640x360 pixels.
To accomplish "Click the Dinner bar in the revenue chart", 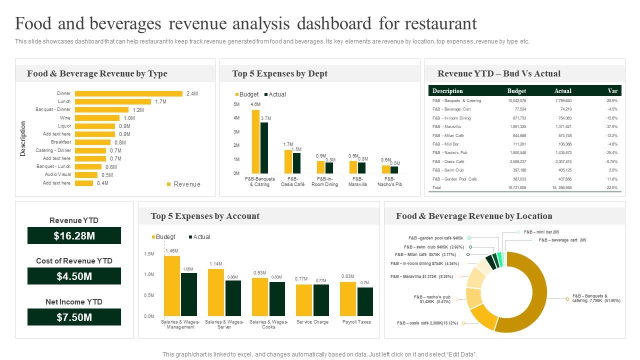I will pos(128,93).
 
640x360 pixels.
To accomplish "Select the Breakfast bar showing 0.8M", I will pos(92,142).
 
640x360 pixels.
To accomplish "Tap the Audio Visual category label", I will pos(58,174).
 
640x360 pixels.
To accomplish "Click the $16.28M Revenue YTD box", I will pos(74,236).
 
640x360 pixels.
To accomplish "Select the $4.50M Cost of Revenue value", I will pos(74,276).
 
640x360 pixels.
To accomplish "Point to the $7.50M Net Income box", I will pos(74,317).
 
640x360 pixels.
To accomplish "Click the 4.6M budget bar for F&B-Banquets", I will pos(255,142).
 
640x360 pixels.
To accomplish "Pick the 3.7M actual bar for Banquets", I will pos(264,148).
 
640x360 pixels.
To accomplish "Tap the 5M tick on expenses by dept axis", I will pos(236,104).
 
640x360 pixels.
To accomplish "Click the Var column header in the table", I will pos(612,91).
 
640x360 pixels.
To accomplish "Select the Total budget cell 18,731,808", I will pos(517,187).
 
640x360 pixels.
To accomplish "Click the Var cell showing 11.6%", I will pos(612,179).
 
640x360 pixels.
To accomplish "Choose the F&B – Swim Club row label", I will pos(448,170).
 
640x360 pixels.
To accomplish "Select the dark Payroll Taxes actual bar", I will pos(365,301).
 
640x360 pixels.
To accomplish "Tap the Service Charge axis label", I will pos(312,322).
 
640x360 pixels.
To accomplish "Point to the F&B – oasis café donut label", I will pos(427,323).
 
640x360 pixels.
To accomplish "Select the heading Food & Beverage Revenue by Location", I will pos(474,216).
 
